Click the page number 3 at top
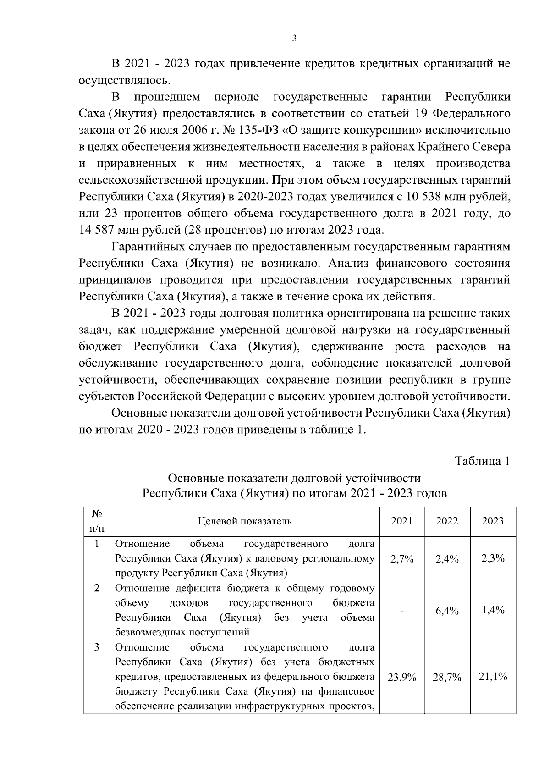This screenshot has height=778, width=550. (x=294, y=39)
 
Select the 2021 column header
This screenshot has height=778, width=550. (x=401, y=521)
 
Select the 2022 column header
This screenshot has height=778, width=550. (x=447, y=521)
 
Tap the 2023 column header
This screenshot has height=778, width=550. (x=493, y=521)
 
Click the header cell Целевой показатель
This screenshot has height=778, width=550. (x=245, y=521)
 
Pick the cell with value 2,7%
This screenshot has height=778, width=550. (x=401, y=559)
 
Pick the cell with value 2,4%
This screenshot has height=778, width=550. (x=447, y=559)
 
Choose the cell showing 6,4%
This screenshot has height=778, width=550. (x=447, y=611)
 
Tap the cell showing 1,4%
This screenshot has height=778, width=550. (x=493, y=610)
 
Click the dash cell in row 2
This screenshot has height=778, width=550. (x=401, y=611)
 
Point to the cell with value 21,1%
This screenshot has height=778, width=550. (x=493, y=677)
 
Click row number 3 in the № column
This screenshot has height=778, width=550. (x=97, y=648)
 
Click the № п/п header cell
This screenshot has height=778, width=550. (x=97, y=522)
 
